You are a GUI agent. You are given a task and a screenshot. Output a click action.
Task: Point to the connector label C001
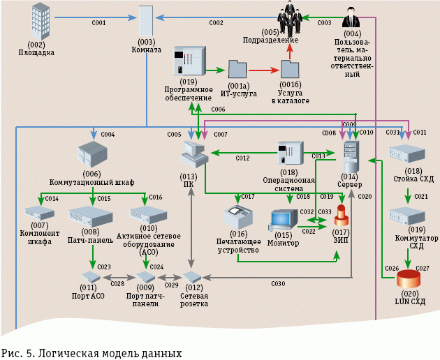coord(98,24)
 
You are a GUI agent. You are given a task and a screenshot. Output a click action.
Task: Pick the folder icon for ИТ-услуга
coord(237,70)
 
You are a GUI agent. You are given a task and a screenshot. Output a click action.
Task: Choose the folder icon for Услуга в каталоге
coord(290,70)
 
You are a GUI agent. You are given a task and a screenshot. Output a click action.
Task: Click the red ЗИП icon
coord(342,216)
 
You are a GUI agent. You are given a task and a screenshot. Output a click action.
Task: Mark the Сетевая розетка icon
coord(193,278)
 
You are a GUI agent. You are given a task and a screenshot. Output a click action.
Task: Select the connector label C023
coord(104,267)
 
